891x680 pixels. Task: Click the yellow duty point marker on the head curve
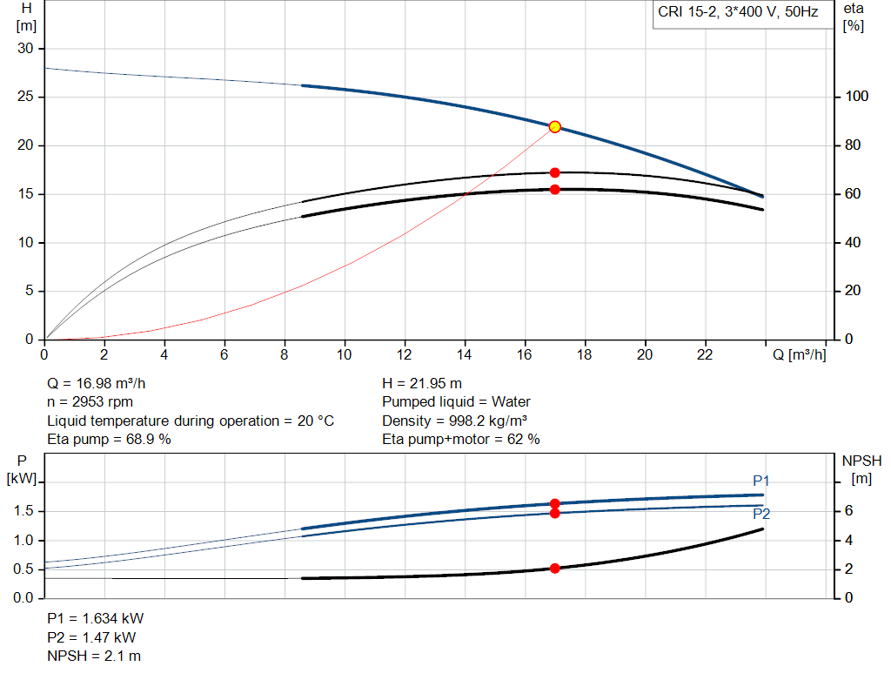point(554,127)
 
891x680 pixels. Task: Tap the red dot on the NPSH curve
point(554,569)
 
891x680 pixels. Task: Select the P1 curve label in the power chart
point(761,481)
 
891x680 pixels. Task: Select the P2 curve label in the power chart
point(761,515)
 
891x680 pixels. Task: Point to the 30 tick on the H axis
point(25,49)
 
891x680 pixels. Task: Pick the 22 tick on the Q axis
point(705,354)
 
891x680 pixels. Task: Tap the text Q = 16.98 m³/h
point(103,383)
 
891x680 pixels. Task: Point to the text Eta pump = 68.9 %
point(109,440)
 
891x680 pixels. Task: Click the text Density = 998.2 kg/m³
point(455,421)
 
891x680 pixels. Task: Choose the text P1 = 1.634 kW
point(95,618)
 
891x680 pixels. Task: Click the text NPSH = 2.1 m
point(93,656)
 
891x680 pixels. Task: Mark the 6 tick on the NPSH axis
point(849,511)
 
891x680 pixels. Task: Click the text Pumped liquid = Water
point(456,402)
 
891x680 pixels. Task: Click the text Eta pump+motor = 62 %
point(461,440)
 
